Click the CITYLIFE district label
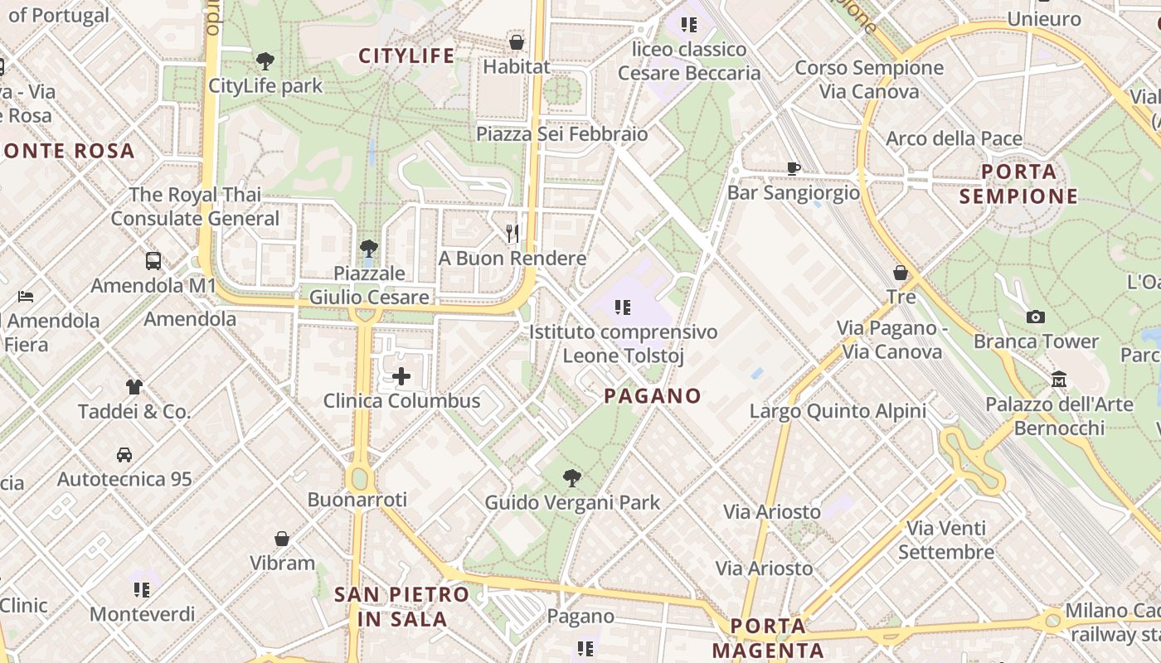(406, 56)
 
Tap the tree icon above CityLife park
(265, 60)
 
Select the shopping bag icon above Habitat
(517, 41)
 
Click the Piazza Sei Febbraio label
(561, 133)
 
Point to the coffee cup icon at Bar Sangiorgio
(794, 169)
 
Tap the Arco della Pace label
(954, 138)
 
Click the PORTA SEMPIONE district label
(1018, 184)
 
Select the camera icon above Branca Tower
(1035, 317)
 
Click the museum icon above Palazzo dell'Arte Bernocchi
(1058, 380)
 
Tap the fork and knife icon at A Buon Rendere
(512, 234)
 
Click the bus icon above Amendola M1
(153, 261)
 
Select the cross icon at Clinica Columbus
(401, 377)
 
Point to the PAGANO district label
(653, 395)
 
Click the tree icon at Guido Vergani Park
(571, 477)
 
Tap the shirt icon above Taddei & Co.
(134, 386)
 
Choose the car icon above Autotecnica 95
(124, 454)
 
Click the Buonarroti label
(357, 499)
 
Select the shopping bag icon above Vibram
(282, 539)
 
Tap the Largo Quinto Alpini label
(838, 411)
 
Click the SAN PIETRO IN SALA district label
(402, 606)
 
